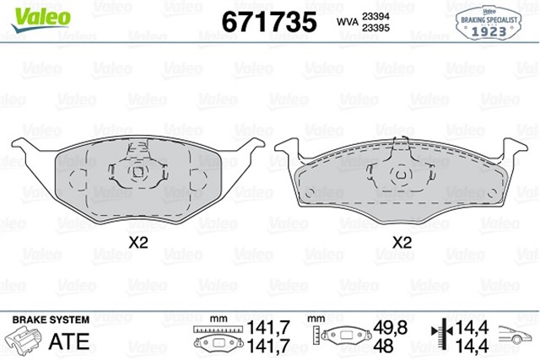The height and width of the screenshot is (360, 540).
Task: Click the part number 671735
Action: coord(268,20)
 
